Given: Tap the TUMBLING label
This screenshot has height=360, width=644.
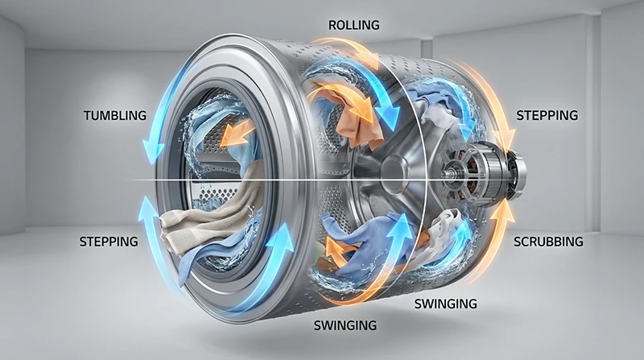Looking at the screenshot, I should click(x=114, y=115).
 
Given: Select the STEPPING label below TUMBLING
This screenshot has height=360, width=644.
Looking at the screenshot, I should click(x=108, y=241).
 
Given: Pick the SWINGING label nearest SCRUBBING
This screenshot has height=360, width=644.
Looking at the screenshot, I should click(x=445, y=304).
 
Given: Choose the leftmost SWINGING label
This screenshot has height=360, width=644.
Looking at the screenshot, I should click(x=345, y=325).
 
